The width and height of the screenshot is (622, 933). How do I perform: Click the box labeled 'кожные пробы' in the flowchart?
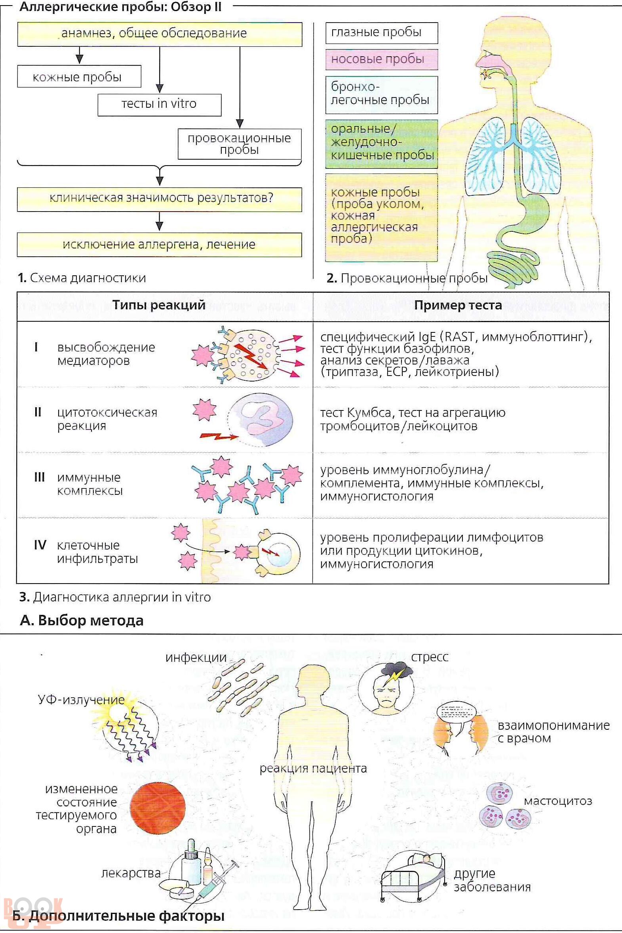click(79, 76)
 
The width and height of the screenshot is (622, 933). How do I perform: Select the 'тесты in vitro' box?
click(160, 105)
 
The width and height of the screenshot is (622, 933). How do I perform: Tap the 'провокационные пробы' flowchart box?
click(240, 144)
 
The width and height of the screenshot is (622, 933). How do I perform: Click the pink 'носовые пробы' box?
click(382, 59)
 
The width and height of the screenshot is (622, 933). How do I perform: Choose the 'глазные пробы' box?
click(382, 33)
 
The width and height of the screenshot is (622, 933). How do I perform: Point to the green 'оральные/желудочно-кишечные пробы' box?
click(382, 143)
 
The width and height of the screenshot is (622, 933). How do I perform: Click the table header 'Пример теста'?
click(458, 305)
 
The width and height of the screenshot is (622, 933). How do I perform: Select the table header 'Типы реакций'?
click(159, 305)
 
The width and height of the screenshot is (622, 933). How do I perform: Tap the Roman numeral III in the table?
click(39, 477)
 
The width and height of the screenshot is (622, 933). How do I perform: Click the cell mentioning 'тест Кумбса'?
click(413, 420)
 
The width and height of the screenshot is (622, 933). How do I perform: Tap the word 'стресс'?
click(430, 657)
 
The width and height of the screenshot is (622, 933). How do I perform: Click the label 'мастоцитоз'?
click(558, 801)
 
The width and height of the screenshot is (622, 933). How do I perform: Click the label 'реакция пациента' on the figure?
click(313, 768)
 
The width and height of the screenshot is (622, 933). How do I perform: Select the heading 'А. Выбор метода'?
click(81, 620)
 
